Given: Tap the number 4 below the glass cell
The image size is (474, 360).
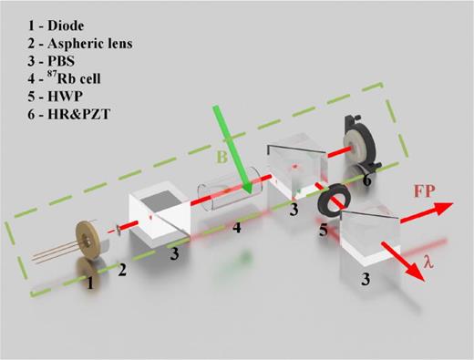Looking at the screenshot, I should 237,228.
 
